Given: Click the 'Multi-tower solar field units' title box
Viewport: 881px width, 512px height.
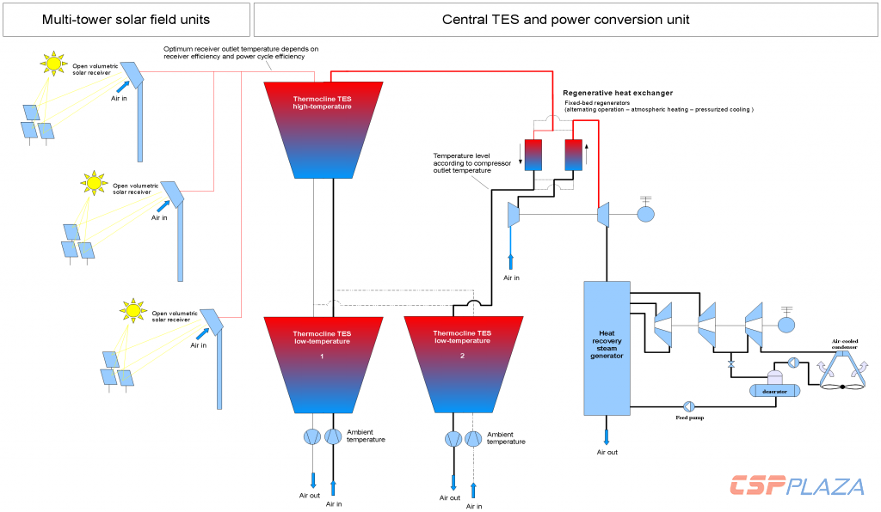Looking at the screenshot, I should click(126, 19).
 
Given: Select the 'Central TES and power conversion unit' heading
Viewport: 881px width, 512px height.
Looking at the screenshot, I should click(565, 19).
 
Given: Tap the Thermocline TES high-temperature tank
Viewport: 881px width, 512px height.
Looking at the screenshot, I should click(322, 129).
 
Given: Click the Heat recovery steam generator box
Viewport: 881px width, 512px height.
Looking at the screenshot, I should click(607, 348).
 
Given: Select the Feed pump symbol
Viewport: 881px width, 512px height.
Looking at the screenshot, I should click(689, 405).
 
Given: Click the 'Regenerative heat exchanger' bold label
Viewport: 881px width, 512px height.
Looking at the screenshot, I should click(618, 93).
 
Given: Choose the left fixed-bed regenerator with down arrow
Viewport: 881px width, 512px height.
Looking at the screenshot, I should click(532, 155).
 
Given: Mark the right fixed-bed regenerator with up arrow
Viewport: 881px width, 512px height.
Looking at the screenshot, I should click(573, 155).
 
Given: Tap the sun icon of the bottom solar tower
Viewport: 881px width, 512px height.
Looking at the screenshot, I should click(132, 309).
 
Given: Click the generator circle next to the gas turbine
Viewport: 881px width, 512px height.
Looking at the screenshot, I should click(645, 212).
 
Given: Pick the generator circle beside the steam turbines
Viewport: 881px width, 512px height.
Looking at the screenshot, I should click(786, 324).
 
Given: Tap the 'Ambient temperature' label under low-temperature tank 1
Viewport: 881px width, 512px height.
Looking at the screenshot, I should click(366, 436).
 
